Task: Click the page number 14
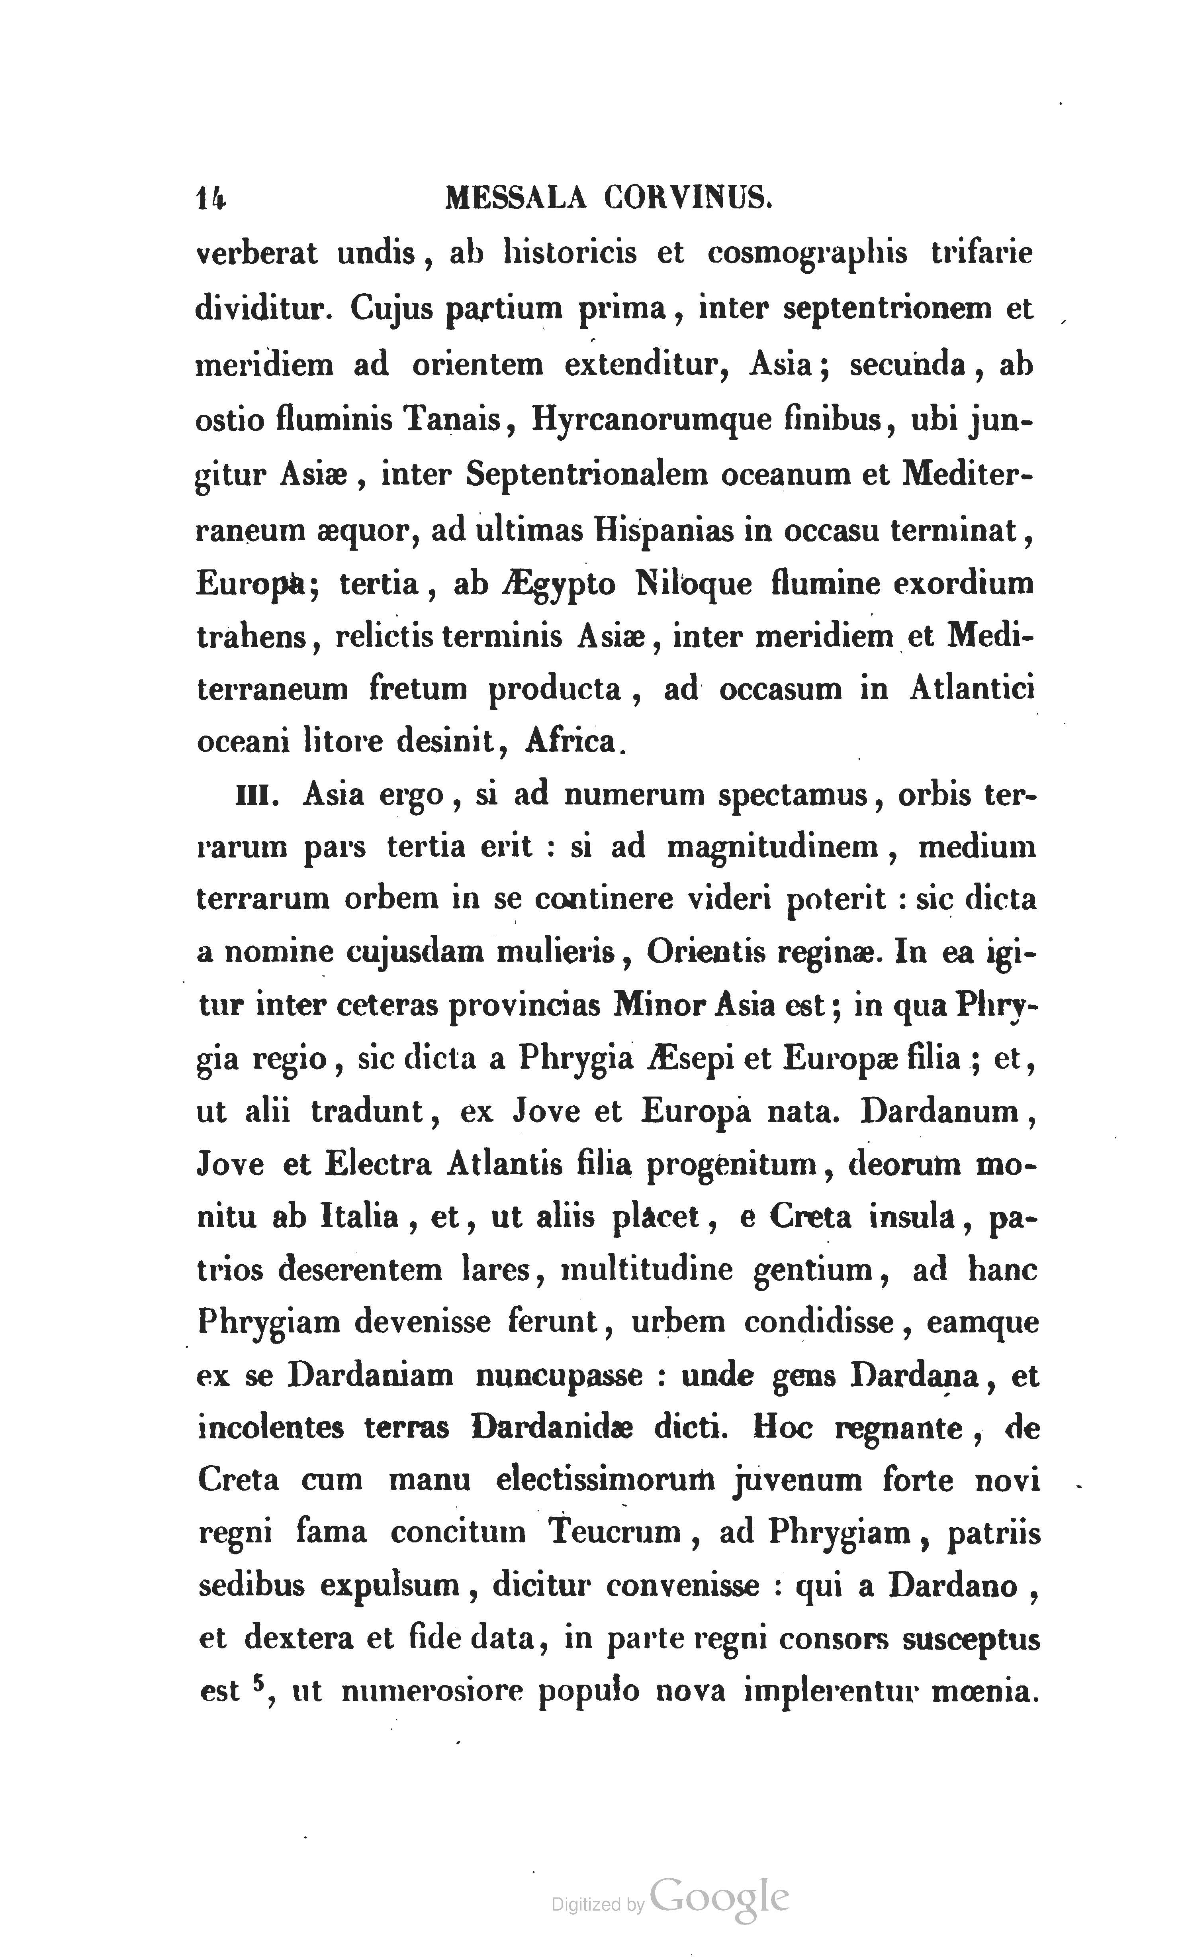(x=210, y=199)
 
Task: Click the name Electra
(x=378, y=1165)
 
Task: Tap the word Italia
(x=359, y=1217)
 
